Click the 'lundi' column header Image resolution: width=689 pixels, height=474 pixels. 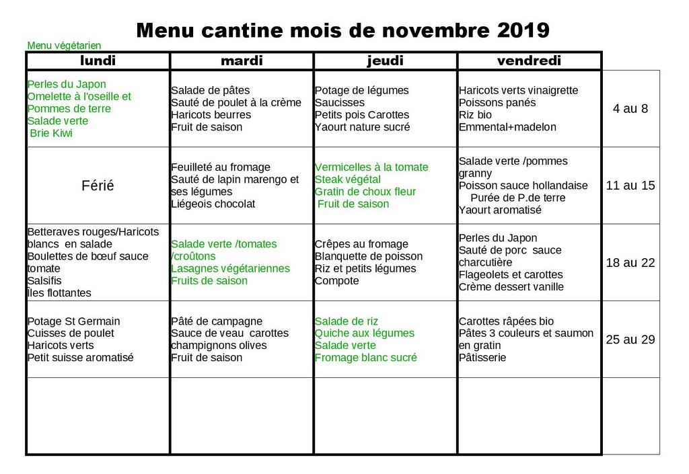point(98,61)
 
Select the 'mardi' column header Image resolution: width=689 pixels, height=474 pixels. point(242,61)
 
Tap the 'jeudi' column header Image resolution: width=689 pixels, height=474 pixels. point(385,61)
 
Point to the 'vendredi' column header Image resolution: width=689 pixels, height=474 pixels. point(529,61)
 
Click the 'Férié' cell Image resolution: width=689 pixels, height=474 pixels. point(98,186)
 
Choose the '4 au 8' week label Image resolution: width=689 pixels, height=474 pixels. point(630,109)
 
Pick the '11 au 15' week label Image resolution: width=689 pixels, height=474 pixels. point(630,186)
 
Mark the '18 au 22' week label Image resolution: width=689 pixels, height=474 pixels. point(630,263)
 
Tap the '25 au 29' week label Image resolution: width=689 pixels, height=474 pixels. point(630,340)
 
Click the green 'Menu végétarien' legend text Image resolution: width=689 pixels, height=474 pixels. point(64,46)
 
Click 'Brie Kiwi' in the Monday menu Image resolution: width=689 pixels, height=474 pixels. point(51,133)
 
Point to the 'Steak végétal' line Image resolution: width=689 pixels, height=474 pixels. point(347,180)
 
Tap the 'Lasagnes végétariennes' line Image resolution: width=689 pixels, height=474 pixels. point(230,269)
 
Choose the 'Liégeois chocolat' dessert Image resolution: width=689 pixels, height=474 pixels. point(213,204)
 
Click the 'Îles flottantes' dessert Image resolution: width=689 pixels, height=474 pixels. point(59,293)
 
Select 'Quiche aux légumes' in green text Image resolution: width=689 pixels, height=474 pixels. point(364,333)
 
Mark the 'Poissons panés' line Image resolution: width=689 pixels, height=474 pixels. point(497,103)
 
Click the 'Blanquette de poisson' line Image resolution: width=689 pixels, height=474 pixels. point(368,256)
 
